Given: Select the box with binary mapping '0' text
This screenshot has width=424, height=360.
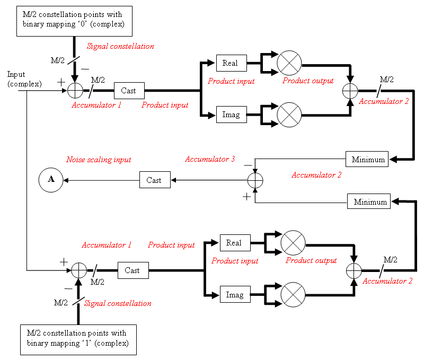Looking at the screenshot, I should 74,21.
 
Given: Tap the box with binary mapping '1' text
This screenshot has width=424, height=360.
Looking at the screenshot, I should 77,339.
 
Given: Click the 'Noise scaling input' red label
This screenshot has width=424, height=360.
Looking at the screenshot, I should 99,160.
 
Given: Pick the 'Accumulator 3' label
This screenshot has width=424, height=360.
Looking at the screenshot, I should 210,159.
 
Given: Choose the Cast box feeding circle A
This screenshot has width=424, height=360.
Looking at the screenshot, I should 154,180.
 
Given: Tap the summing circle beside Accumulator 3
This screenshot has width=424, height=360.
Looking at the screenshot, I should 255,180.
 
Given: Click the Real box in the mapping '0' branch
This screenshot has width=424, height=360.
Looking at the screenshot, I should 231,63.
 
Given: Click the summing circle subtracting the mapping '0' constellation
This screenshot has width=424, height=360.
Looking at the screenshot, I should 75,91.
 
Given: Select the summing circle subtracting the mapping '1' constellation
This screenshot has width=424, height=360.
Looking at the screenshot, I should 79,270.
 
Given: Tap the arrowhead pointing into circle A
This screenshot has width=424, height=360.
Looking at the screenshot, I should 65,180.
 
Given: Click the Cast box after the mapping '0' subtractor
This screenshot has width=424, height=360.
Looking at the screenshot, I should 128,91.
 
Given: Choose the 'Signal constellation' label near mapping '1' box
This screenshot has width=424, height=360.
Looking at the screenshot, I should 118,304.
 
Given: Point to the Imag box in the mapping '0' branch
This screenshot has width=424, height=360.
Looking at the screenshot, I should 231,115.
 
